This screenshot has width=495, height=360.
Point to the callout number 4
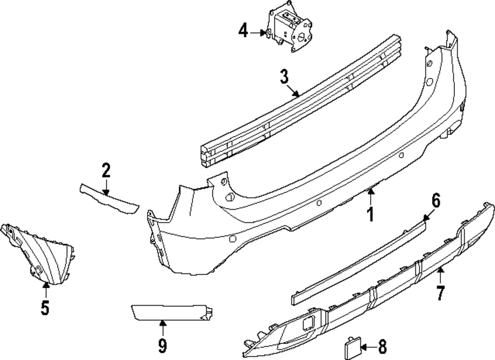point(243,32)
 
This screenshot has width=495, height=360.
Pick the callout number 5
point(45,308)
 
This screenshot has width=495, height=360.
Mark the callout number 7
point(440,293)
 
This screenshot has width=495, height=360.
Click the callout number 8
point(382,346)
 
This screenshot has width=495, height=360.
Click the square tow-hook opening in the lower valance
point(308,323)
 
